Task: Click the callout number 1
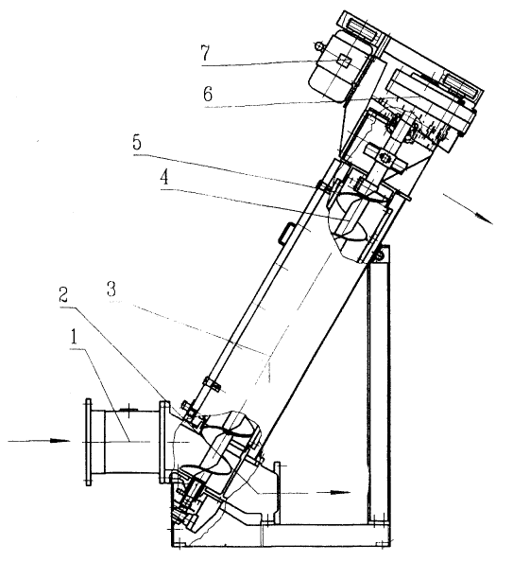coord(74,337)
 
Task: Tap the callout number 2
coord(63,294)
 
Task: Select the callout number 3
coord(111,290)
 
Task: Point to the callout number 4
coord(164,178)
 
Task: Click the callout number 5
coord(137,143)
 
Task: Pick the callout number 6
coord(208,95)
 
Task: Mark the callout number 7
coord(205,54)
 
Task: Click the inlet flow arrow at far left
coord(39,441)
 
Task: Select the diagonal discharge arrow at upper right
coord(468,209)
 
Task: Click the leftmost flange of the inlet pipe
coord(88,442)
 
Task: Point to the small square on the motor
coord(344,61)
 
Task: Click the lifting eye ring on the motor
coord(317,45)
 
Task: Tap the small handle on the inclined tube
coord(285,233)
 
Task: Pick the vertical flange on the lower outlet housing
coord(277,492)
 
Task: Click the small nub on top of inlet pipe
coord(128,409)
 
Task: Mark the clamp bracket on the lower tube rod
coord(213,384)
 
